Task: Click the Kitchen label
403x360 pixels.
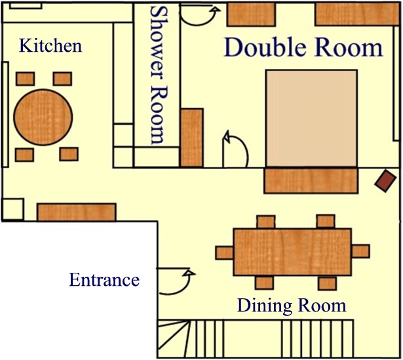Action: point(50,45)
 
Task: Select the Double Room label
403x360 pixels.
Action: point(303,47)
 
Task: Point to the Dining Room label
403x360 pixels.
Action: point(292,306)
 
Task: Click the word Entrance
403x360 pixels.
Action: point(104,280)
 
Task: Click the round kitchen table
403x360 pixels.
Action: point(43,117)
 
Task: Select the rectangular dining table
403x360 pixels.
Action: point(292,252)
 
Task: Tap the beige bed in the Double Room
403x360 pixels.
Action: point(312,118)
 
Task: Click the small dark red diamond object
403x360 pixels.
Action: point(385,181)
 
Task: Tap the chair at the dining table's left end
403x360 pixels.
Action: point(224,252)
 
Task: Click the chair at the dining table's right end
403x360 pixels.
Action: point(360,251)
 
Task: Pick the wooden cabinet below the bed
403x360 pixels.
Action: point(311,180)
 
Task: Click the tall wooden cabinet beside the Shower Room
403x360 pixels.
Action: point(192,138)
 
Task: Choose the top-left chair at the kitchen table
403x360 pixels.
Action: point(25,79)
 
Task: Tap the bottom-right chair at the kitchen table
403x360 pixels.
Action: point(69,154)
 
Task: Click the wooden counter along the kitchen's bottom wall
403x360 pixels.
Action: point(77,212)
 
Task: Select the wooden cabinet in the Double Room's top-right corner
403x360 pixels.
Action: point(357,14)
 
